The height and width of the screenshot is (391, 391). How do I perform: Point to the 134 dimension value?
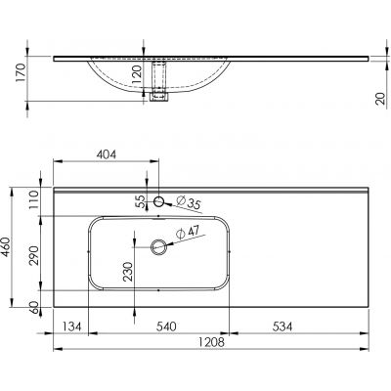coord(70,326)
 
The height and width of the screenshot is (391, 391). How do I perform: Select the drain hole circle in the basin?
coord(158,246)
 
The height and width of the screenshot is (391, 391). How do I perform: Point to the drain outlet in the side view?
coord(163,96)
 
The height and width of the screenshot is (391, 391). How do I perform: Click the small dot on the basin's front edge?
coord(158,290)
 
